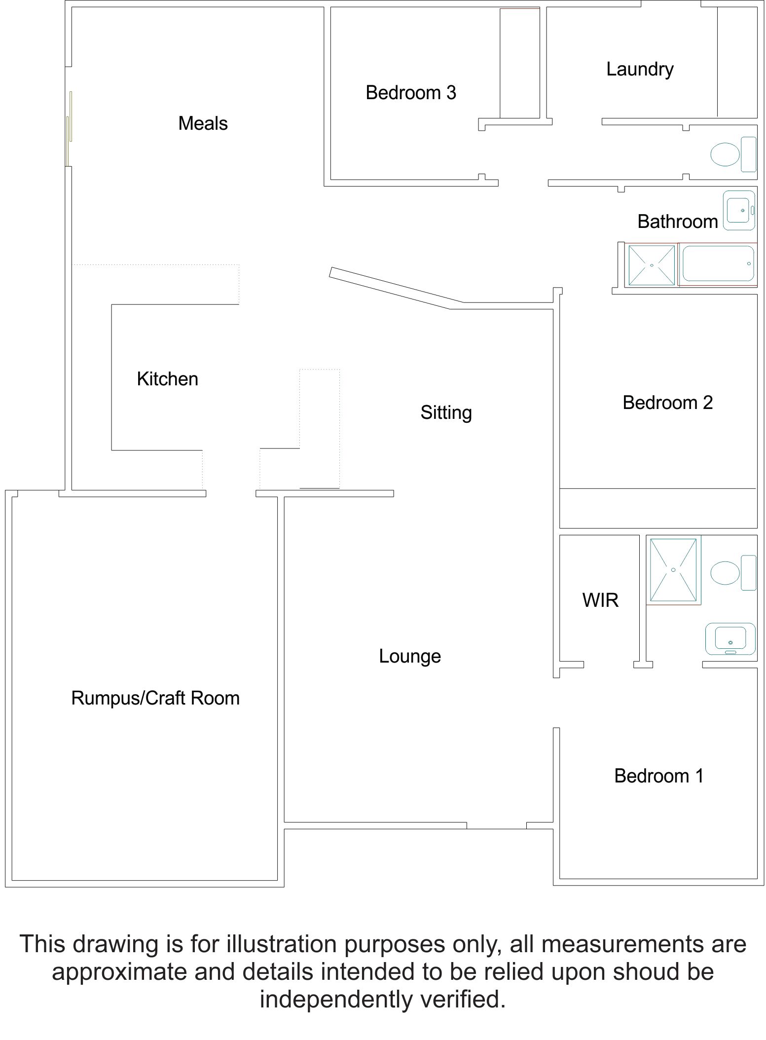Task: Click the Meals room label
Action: pyautogui.click(x=203, y=123)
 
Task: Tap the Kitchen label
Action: pyautogui.click(x=167, y=379)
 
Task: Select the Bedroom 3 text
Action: pyautogui.click(x=411, y=93)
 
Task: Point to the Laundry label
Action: pyautogui.click(x=640, y=70)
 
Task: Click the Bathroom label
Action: pyautogui.click(x=678, y=222)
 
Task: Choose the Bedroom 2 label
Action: pyautogui.click(x=668, y=403)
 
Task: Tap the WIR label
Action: pyautogui.click(x=600, y=600)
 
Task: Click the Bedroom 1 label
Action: pyautogui.click(x=659, y=776)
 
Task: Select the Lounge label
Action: pyautogui.click(x=410, y=657)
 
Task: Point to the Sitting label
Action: pyautogui.click(x=446, y=413)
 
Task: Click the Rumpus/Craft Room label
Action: pyautogui.click(x=155, y=699)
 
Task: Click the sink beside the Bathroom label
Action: pyautogui.click(x=739, y=211)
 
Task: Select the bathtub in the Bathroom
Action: pyautogui.click(x=718, y=265)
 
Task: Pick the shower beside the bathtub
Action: pyautogui.click(x=652, y=265)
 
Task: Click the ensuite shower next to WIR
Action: pyautogui.click(x=673, y=570)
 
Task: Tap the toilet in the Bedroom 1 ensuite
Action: pyautogui.click(x=733, y=573)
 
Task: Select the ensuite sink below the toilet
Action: pyautogui.click(x=730, y=639)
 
